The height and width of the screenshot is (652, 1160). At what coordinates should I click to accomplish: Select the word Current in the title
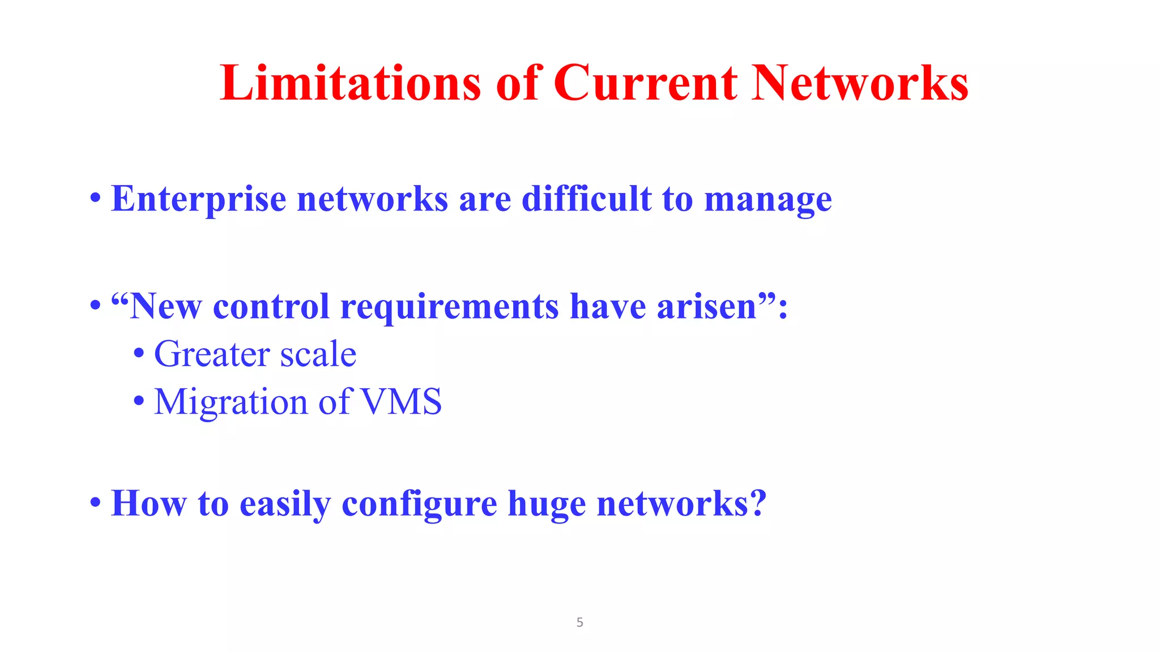645,83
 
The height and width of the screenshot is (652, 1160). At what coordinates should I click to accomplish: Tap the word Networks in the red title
859,83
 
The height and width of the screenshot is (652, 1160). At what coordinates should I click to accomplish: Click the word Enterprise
198,199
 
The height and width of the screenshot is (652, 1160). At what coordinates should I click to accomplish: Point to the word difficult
586,199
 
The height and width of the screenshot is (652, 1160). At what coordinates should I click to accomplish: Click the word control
271,306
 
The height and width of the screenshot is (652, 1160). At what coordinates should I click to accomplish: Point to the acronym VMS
401,402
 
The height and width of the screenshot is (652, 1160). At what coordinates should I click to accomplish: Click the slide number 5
579,623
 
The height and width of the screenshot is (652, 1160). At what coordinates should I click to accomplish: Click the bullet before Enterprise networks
95,200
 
